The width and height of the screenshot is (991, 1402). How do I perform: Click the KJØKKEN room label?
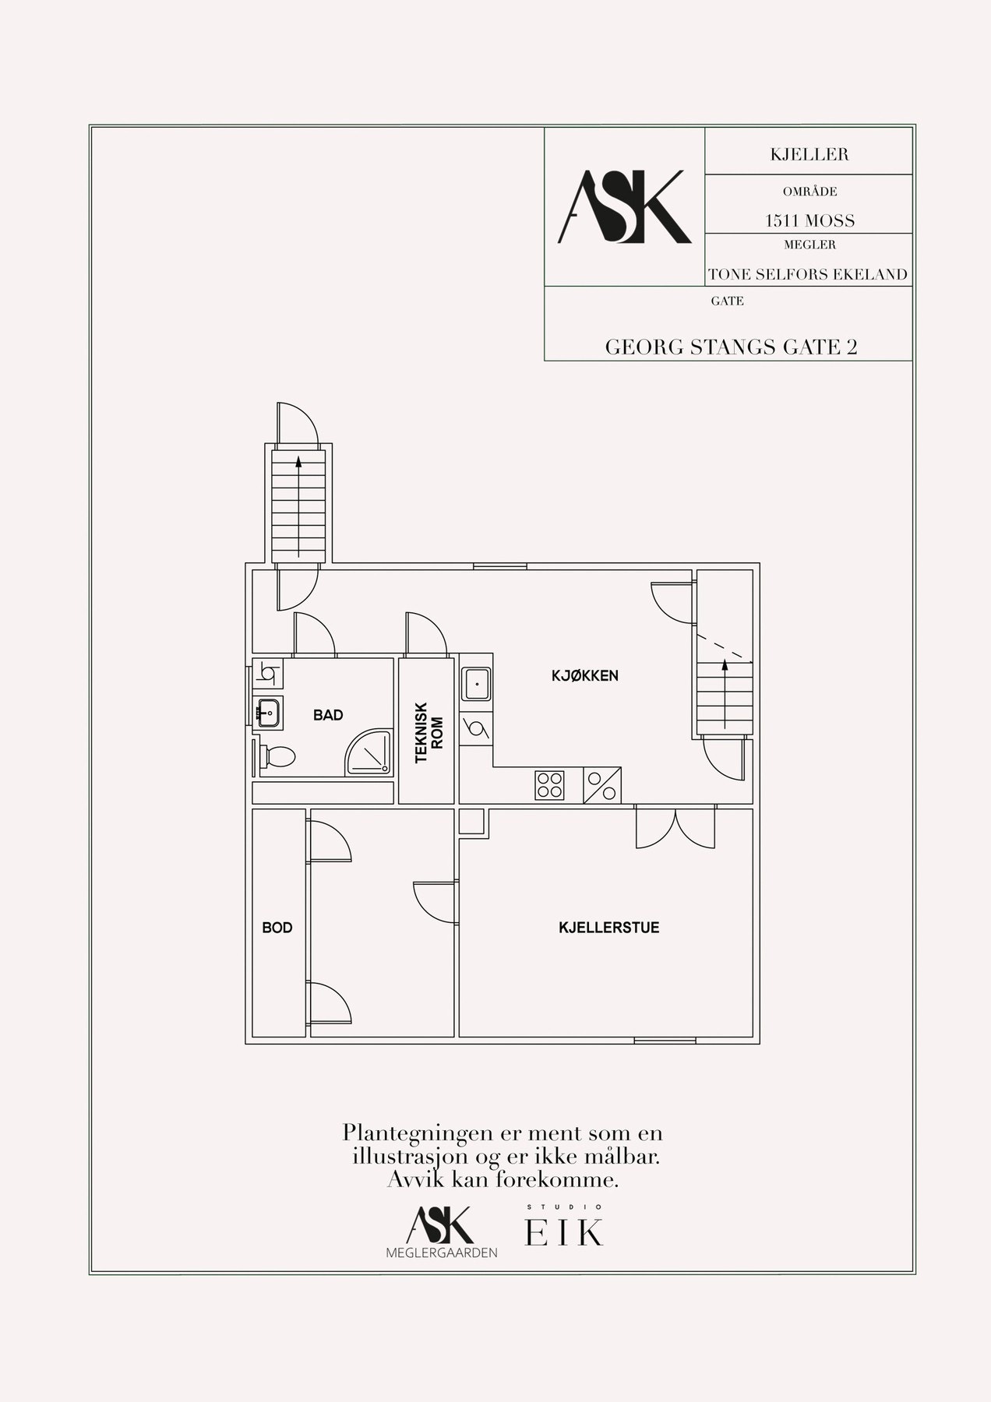click(x=584, y=675)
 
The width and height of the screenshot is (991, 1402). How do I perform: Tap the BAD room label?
click(x=328, y=714)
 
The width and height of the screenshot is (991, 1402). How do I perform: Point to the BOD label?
click(x=277, y=928)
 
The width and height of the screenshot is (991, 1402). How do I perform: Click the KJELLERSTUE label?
click(x=609, y=928)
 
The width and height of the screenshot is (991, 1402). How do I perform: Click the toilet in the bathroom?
click(x=277, y=756)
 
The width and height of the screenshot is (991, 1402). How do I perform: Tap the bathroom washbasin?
click(x=269, y=711)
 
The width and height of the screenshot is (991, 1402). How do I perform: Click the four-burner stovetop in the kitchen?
click(x=549, y=784)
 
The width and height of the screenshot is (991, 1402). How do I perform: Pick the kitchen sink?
click(x=475, y=684)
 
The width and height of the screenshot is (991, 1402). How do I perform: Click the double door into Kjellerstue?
click(x=675, y=828)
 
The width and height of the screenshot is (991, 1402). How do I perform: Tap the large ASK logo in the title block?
click(x=624, y=207)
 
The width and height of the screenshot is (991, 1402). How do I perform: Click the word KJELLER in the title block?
click(x=809, y=154)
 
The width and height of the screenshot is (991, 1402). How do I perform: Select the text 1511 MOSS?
click(x=809, y=220)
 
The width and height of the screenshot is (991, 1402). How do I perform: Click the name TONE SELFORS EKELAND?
click(x=808, y=274)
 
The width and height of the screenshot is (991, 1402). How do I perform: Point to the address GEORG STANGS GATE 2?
click(x=732, y=347)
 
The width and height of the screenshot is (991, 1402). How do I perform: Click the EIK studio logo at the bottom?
click(x=564, y=1231)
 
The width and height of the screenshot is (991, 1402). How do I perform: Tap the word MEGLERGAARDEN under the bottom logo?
click(x=442, y=1252)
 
